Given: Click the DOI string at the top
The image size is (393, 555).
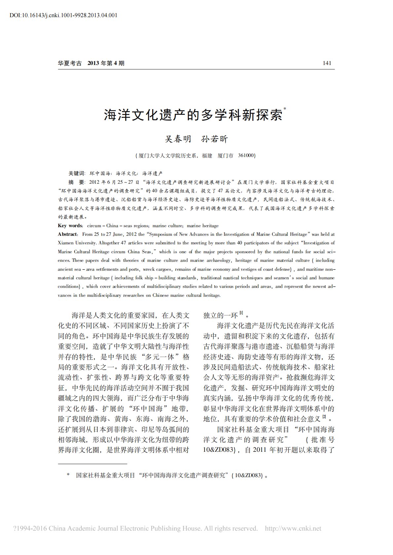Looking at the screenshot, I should [x=63, y=15].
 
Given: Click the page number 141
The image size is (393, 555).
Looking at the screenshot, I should [x=327, y=63].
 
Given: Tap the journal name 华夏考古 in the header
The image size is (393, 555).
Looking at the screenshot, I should [x=70, y=63].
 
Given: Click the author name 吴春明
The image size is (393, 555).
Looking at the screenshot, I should [x=178, y=139].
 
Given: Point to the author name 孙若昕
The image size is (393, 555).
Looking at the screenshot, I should [x=215, y=139].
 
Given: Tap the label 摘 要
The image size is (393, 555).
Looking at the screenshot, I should [x=77, y=182].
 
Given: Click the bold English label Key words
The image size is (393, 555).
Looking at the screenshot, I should [x=70, y=226].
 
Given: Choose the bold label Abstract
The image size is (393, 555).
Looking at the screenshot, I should [x=68, y=234].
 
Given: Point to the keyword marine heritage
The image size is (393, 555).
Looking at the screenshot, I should [x=202, y=226].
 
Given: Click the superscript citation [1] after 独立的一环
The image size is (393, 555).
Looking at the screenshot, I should [x=241, y=313].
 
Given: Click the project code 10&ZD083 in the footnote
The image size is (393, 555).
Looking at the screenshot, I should [x=248, y=475].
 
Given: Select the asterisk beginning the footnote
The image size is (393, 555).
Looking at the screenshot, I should [x=68, y=475].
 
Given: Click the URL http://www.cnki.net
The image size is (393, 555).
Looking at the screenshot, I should [x=293, y=528].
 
